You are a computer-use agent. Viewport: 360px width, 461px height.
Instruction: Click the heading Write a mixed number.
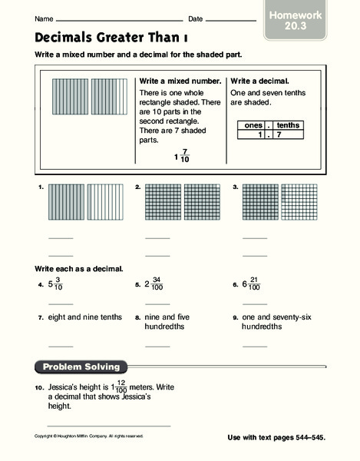point(180,81)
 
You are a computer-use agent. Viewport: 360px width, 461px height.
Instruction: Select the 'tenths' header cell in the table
point(288,125)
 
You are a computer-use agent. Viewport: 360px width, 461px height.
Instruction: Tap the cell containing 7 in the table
point(288,134)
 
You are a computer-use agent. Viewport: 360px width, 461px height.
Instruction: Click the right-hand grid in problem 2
point(203,204)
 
